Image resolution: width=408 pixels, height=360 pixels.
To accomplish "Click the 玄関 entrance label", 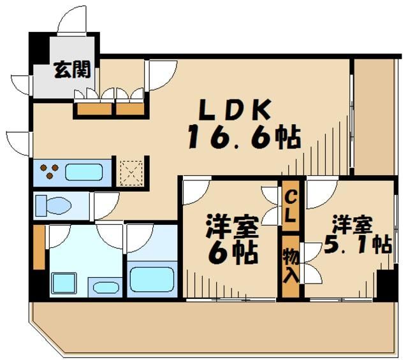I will pos(71,69).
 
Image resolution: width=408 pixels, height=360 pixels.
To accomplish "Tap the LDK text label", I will pos(235,110).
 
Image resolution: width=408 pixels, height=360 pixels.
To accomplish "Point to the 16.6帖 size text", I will pos(243,138).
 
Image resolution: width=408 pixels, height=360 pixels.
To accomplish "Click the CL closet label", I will pos(290,205).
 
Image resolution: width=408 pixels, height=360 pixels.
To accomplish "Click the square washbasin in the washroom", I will pos(63,281).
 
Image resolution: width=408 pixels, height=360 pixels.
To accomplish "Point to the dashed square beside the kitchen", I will pos(131,171).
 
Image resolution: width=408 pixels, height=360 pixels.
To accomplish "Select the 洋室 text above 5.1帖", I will pos(351,225).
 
